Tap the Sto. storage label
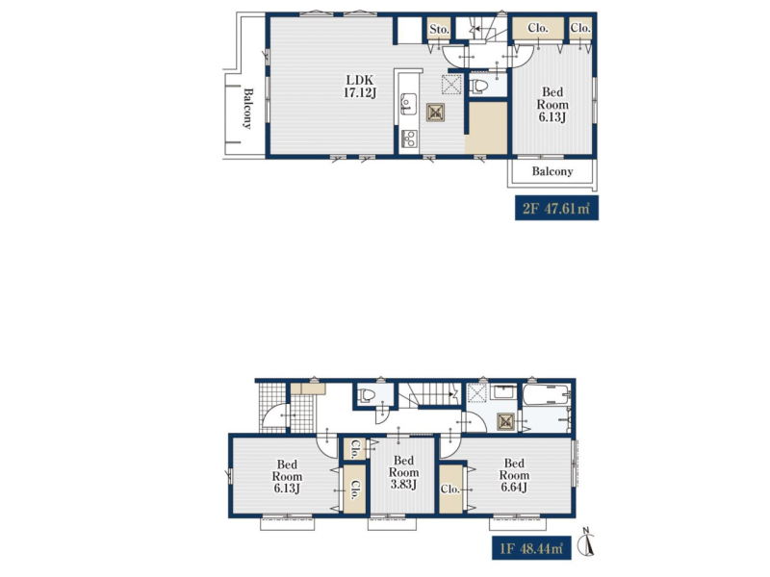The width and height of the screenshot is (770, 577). tap(439, 30)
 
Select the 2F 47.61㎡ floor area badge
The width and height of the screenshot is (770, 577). tap(556, 208)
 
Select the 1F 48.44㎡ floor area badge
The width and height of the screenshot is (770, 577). tap(532, 547)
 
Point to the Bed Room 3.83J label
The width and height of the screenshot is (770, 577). tap(403, 472)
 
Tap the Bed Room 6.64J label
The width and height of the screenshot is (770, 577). tap(514, 475)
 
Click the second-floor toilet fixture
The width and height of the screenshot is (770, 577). tap(479, 87)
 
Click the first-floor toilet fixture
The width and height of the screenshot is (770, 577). tap(366, 395)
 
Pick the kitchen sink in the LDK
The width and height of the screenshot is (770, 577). tap(408, 104)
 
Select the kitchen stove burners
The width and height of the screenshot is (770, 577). tap(409, 138)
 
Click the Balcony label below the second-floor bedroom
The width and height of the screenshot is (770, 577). tap(552, 171)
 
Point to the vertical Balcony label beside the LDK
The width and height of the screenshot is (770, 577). tap(248, 109)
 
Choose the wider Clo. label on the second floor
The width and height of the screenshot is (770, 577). tap(538, 28)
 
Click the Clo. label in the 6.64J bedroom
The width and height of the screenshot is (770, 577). tap(449, 489)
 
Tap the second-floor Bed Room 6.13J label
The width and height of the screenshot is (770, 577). tap(552, 104)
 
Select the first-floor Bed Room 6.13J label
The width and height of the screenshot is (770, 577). tap(287, 476)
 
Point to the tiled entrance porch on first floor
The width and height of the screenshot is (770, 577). tap(272, 407)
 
